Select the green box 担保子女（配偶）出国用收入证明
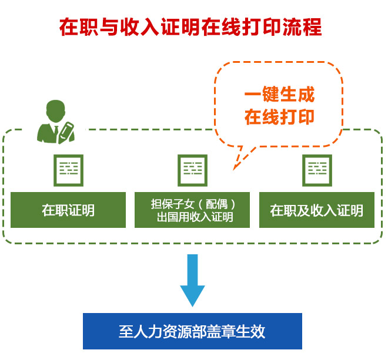[193, 210]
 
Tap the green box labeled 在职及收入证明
[316, 210]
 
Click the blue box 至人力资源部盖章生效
[192, 331]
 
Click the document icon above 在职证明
[68, 170]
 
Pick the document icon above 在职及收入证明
[316, 170]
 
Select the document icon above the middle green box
[192, 170]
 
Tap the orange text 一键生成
[279, 95]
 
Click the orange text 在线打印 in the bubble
[279, 116]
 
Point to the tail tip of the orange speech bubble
[234, 170]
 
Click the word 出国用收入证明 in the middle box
[195, 218]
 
